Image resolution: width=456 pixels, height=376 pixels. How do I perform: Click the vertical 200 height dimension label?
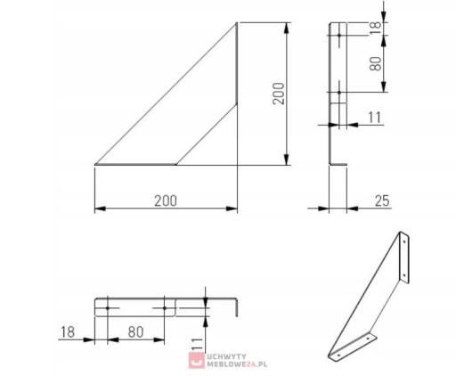coord(279,94)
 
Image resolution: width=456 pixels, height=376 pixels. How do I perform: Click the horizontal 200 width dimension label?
coord(166,200)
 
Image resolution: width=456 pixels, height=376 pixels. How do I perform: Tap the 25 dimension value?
coord(382,200)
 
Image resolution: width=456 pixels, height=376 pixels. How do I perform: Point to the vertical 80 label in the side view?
coord(376,63)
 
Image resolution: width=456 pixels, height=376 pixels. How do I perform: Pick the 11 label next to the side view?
coord(375,118)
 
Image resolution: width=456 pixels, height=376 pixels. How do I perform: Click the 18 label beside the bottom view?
coord(68,331)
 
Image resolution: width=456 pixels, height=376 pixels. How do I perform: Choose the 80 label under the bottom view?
coord(135,331)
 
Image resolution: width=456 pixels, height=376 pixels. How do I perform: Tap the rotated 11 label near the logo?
coord(197,344)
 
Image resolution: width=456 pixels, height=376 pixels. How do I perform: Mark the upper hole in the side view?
coord(339,36)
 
